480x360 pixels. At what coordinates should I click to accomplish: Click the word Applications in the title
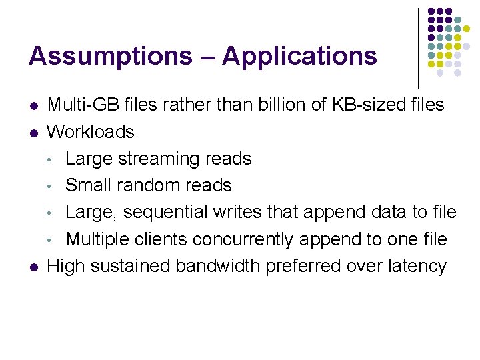pyautogui.click(x=299, y=56)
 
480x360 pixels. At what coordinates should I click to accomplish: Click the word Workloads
pyautogui.click(x=91, y=131)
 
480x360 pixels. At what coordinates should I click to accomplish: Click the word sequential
pyautogui.click(x=165, y=213)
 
